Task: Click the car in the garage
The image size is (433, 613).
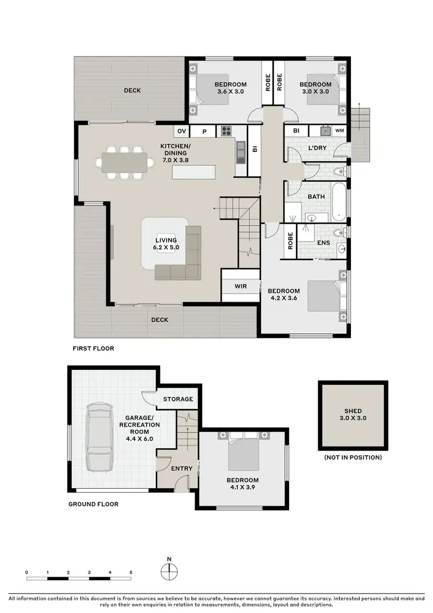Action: coord(98,437)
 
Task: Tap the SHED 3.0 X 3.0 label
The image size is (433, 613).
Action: coord(352,414)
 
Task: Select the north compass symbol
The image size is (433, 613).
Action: coord(169,571)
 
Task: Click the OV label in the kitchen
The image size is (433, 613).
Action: coord(181,131)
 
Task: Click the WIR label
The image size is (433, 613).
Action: coord(241,286)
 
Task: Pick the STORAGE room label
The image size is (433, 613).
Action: coord(177,399)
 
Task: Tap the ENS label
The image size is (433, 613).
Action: coord(323,243)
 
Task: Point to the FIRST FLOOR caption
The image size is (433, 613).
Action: coord(93,348)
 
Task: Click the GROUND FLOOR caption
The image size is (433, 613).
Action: coord(94,504)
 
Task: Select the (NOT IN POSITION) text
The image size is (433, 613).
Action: coord(352,458)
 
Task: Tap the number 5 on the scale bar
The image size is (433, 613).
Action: coord(131,572)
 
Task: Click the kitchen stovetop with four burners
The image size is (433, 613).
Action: coord(225,131)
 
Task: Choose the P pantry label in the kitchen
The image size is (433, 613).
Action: coord(204,131)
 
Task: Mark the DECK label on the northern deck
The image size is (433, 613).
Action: coord(132,90)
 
